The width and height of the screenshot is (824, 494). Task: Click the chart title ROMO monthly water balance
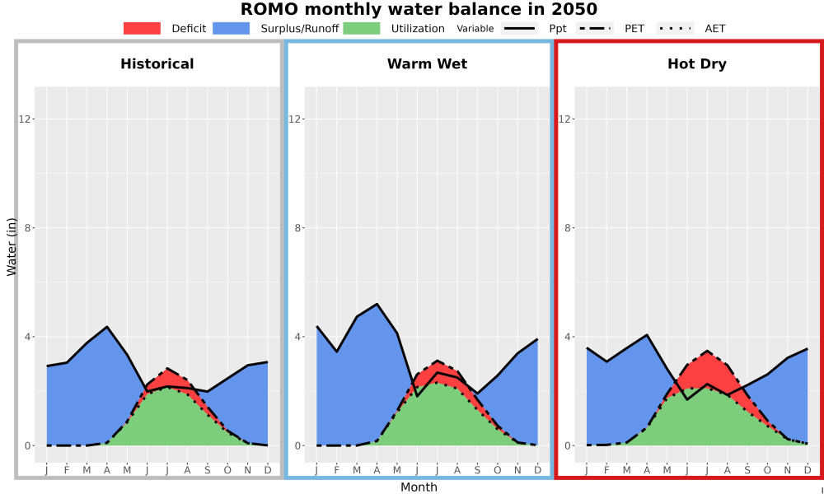pos(419,9)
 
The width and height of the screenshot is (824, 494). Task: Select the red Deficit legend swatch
pos(142,28)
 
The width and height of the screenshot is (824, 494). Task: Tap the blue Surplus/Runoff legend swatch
pos(232,28)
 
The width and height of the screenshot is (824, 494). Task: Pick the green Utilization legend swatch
pos(362,28)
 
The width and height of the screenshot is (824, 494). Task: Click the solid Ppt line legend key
pos(519,28)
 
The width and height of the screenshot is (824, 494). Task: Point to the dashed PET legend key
pos(595,28)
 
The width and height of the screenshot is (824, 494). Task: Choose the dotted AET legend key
pos(676,28)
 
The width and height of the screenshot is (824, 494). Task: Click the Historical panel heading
pos(157,64)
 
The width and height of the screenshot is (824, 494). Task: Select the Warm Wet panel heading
pos(427,64)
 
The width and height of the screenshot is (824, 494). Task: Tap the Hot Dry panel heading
pos(697,64)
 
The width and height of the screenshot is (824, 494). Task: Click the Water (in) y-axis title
pos(12,247)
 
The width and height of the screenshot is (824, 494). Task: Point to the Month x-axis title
pos(419,487)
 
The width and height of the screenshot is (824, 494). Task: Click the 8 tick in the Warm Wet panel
pos(296,228)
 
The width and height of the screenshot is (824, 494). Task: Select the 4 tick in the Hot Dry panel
pos(566,337)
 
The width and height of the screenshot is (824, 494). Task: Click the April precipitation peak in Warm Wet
pos(377,304)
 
